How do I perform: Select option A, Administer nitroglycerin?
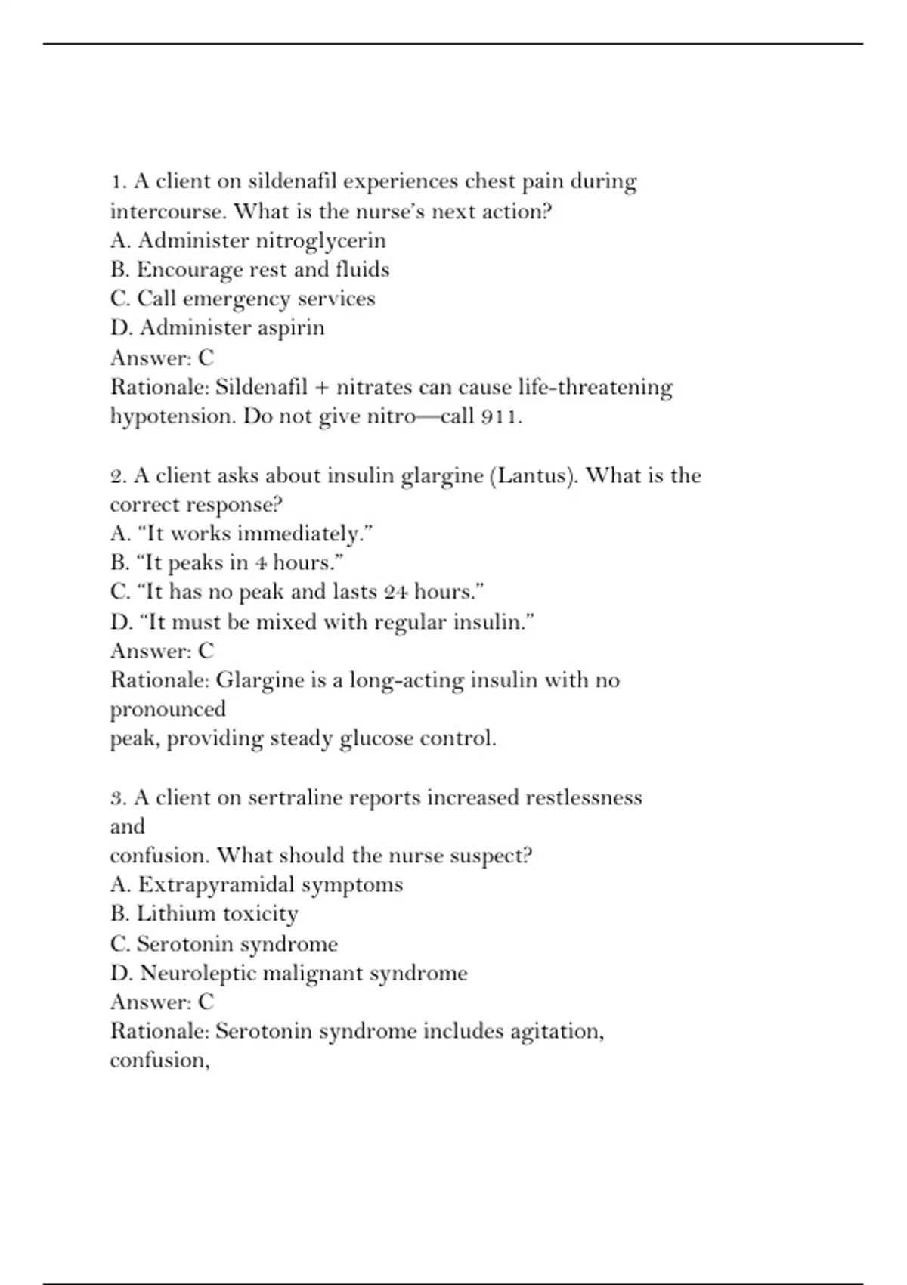tap(248, 240)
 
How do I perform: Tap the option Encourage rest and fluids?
tap(249, 270)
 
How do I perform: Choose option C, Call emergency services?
tap(243, 299)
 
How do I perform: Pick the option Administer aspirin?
tap(218, 328)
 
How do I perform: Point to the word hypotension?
tap(173, 416)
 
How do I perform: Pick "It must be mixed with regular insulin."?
tap(323, 622)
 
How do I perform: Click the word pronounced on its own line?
tap(168, 709)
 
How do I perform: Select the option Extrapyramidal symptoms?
tap(256, 884)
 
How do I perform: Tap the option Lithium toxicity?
tap(204, 914)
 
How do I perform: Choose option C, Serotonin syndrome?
tap(224, 944)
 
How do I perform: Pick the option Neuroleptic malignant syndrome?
tap(289, 973)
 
